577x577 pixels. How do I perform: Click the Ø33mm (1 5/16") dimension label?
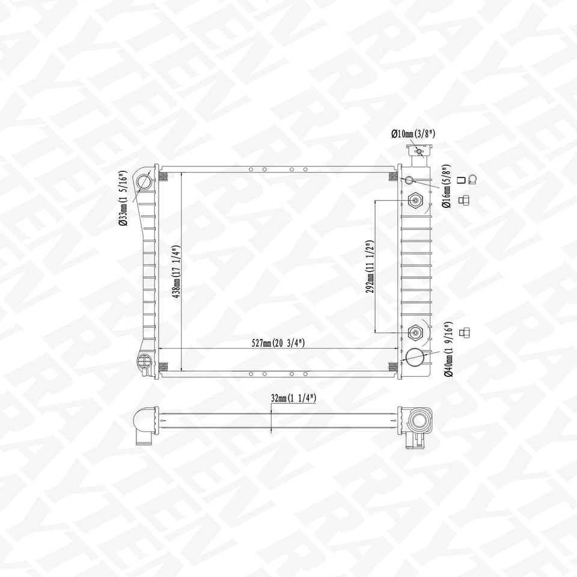tap(122, 198)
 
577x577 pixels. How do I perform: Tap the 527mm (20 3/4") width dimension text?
tap(278, 343)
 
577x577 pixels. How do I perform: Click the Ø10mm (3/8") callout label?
tap(413, 134)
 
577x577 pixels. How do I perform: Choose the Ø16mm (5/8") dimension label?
tap(447, 186)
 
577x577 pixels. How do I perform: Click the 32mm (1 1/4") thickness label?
tap(293, 398)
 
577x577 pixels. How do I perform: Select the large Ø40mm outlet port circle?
tap(415, 358)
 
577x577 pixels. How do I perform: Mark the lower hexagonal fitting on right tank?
tap(416, 332)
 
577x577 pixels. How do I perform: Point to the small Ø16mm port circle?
tap(409, 180)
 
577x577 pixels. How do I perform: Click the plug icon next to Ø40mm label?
tap(463, 332)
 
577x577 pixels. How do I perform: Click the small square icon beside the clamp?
tap(461, 179)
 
